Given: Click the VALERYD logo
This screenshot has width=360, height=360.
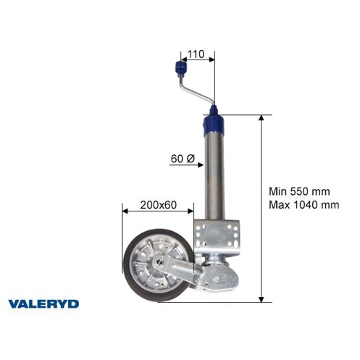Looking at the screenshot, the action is click(x=43, y=304).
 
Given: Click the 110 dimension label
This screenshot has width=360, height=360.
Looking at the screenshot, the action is click(x=196, y=54).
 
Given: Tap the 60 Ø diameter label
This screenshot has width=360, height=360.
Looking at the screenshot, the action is click(x=183, y=159).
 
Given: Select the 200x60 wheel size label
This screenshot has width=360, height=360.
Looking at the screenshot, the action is click(x=159, y=205).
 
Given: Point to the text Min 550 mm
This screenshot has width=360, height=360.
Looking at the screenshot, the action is click(x=299, y=191).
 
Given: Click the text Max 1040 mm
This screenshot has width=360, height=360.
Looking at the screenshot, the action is click(x=304, y=205).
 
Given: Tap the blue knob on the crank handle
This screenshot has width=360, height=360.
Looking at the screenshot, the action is click(x=180, y=68).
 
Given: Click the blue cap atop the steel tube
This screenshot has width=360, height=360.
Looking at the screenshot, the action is click(x=214, y=124).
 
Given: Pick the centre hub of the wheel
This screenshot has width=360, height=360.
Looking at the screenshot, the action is click(x=160, y=261).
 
